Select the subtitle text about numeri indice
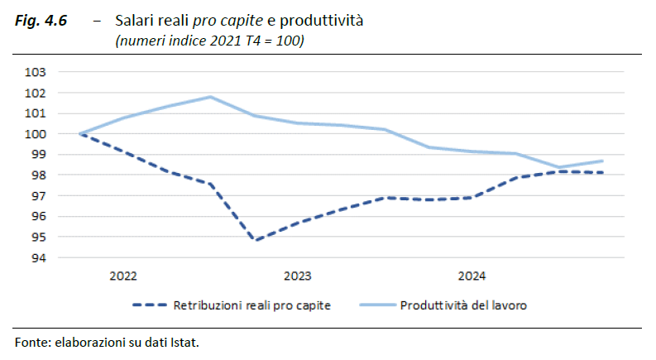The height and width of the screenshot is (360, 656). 209,41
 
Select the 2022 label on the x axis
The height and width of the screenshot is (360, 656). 122,276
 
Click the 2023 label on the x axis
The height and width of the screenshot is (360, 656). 297,276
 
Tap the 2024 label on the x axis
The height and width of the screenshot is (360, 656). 472,276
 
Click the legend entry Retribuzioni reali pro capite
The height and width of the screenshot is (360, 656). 251,305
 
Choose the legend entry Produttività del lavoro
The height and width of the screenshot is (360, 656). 463,305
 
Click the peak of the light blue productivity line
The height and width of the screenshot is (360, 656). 210,97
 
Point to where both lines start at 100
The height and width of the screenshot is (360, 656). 79,134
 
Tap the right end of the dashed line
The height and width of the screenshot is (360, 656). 580,173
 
